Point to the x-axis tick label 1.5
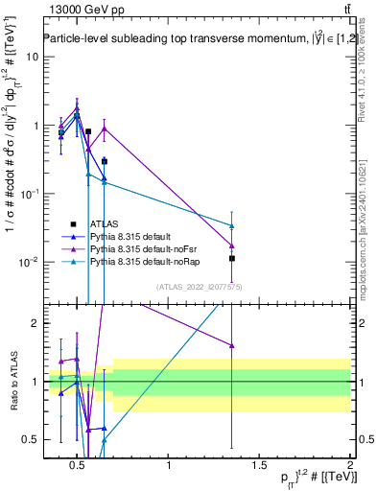[259, 465]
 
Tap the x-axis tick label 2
[349, 465]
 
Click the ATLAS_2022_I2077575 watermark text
[200, 287]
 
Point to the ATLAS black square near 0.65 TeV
[105, 161]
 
